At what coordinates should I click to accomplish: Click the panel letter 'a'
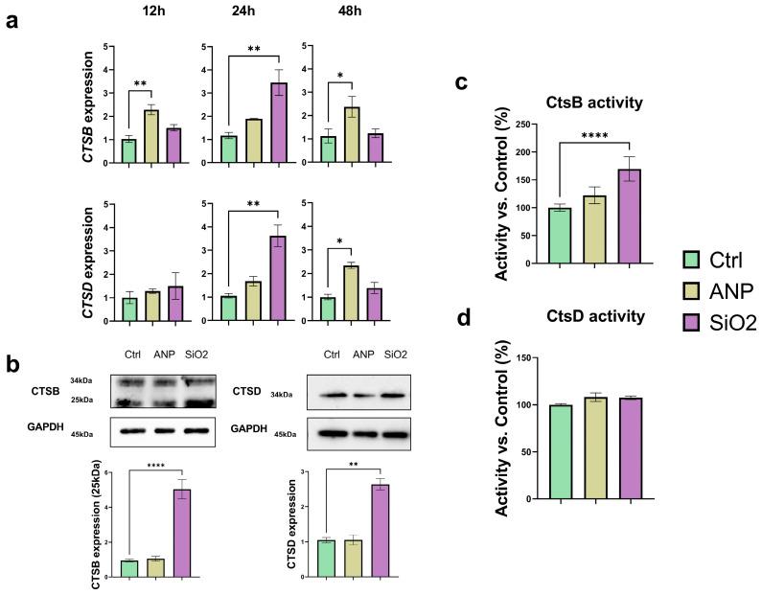click(13, 21)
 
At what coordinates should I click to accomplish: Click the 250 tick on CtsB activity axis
click(524, 125)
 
